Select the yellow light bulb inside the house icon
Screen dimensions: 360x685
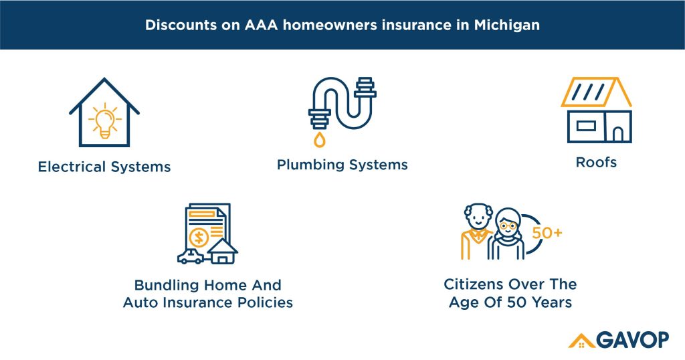[104, 120]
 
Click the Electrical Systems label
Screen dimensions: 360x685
[104, 167]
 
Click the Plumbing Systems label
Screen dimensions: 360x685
[342, 165]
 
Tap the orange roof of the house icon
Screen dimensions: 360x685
[596, 92]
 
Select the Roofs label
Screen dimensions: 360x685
[596, 162]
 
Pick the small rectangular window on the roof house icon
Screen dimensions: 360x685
[586, 125]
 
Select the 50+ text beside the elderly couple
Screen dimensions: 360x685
[547, 234]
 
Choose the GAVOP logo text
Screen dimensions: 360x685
[632, 340]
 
